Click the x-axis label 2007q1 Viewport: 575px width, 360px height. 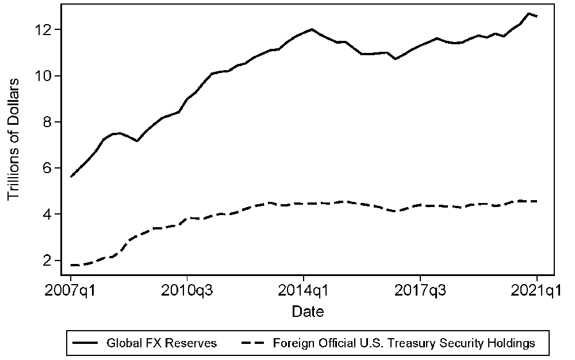71,291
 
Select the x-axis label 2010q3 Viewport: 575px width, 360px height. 187,291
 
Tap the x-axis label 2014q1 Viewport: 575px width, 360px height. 304,291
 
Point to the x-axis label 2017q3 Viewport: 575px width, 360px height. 420,291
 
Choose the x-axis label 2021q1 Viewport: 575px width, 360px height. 537,291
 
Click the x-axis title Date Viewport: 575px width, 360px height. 308,312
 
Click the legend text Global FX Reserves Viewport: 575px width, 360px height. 162,343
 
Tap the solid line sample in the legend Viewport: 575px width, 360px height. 86,343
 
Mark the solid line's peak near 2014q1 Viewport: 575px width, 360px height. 312,29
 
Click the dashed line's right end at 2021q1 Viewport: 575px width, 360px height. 537,201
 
